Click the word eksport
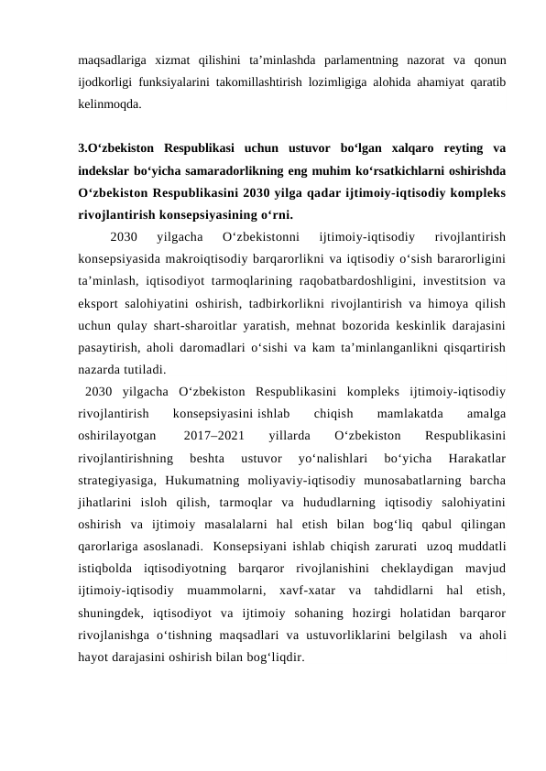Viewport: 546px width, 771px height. (99, 304)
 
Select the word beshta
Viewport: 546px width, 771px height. (205, 458)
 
